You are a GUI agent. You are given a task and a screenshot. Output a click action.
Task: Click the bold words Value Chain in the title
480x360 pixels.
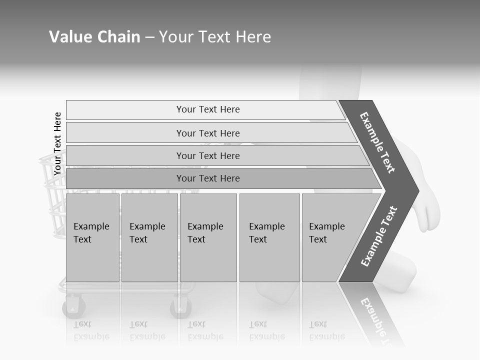pos(94,37)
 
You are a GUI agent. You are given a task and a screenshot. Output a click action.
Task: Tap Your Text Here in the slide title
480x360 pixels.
pos(215,37)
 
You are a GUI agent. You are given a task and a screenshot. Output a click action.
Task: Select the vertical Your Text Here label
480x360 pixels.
pos(57,143)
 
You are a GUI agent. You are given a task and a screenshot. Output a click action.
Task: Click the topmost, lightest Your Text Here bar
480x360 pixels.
pos(207,109)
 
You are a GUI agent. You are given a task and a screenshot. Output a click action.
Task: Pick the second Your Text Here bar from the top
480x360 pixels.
pos(208,133)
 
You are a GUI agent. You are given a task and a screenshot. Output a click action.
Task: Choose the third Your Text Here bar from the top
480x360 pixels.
pos(208,155)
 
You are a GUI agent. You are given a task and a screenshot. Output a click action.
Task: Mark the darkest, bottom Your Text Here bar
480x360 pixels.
pos(208,178)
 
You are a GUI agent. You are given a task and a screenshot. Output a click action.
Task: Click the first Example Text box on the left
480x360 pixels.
pos(92,237)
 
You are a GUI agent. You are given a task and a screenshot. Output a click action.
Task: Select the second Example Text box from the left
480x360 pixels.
pos(149,237)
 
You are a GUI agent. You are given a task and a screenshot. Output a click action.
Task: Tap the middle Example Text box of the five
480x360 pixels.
pos(208,237)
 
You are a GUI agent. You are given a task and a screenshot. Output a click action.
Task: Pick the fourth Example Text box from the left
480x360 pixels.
pos(269,237)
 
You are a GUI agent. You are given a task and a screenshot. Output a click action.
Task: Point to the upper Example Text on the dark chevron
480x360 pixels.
pos(378,142)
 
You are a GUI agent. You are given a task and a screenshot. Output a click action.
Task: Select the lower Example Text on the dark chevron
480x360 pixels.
pos(378,236)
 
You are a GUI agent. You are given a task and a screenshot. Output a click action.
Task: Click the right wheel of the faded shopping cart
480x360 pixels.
pos(181,307)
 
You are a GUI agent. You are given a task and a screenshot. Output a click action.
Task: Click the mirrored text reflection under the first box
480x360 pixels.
pos(91,330)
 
